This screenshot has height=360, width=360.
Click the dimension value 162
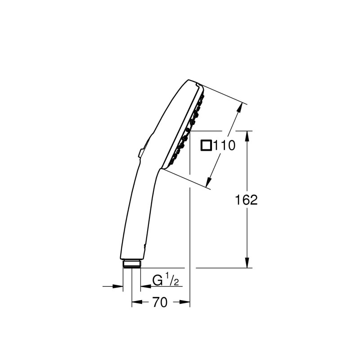click(247, 200)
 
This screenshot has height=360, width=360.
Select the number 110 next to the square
click(224, 145)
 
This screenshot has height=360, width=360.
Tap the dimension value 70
click(160, 303)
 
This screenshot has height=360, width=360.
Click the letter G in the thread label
click(157, 280)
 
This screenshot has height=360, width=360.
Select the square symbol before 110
click(206, 145)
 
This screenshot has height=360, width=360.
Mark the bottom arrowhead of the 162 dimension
click(247, 263)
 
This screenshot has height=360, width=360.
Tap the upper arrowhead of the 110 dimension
click(242, 108)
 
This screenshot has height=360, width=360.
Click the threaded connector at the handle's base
click(131, 264)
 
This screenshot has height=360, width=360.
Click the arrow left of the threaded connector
click(118, 286)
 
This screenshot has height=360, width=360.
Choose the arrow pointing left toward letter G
click(145, 286)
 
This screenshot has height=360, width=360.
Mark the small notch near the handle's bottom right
click(144, 246)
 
